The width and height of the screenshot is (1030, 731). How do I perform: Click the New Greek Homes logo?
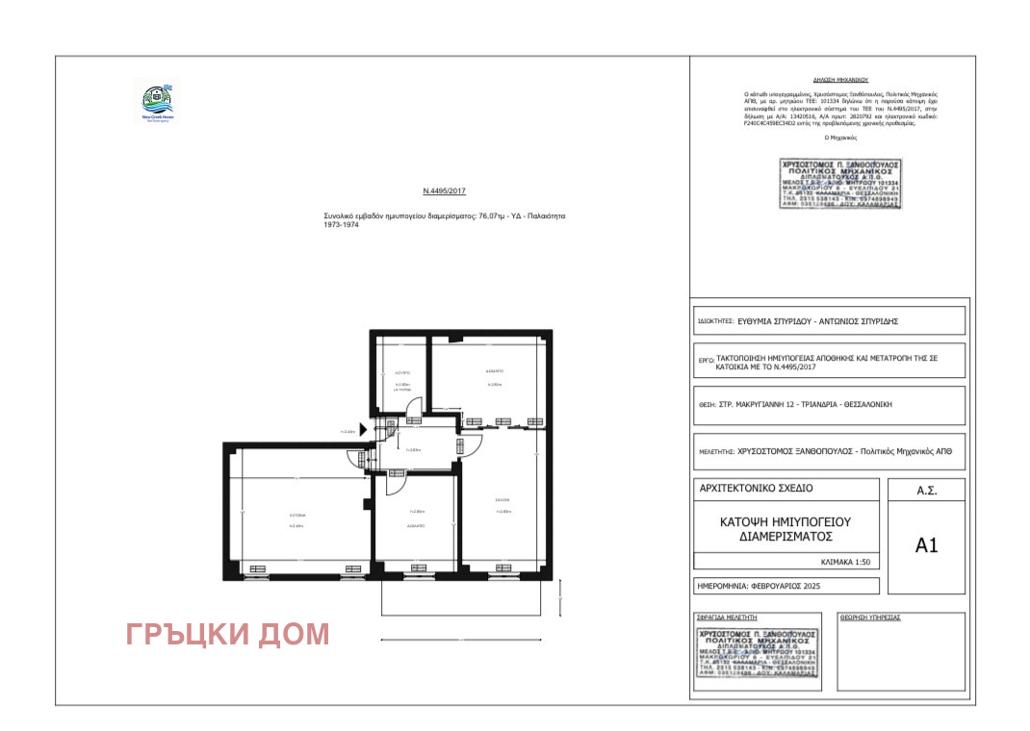pyautogui.click(x=155, y=102)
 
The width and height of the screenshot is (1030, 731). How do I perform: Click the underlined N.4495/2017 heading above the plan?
pyautogui.click(x=444, y=191)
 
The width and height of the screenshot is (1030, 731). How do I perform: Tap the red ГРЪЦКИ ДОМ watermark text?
pyautogui.click(x=227, y=634)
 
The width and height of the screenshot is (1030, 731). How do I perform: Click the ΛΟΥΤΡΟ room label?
pyautogui.click(x=402, y=370)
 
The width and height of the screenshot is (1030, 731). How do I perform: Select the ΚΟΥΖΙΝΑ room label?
pyautogui.click(x=297, y=516)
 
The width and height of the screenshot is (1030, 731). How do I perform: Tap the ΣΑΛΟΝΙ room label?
pyautogui.click(x=502, y=500)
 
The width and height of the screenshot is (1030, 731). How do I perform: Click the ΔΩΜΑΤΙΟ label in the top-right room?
pyautogui.click(x=494, y=370)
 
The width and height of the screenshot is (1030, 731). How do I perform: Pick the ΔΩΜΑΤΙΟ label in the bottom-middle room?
pyautogui.click(x=417, y=526)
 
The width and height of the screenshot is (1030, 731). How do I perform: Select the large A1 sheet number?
pyautogui.click(x=926, y=545)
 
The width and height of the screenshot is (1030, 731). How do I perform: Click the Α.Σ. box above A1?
pyautogui.click(x=926, y=491)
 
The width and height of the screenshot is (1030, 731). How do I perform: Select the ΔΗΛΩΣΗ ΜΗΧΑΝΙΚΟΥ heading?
pyautogui.click(x=827, y=82)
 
